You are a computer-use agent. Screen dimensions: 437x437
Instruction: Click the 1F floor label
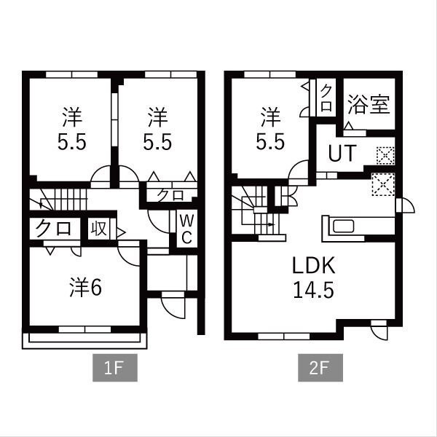click(x=115, y=368)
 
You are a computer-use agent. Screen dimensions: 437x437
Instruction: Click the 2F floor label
click(x=320, y=368)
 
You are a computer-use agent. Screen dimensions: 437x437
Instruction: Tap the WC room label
click(x=186, y=229)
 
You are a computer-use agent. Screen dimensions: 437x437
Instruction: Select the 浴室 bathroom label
click(x=369, y=105)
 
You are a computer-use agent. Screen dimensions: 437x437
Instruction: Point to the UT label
click(x=342, y=153)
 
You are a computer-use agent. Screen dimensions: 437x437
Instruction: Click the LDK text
click(x=313, y=266)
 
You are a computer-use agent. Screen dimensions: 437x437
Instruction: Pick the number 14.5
click(x=313, y=290)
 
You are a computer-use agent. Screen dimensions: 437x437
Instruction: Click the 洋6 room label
click(x=85, y=288)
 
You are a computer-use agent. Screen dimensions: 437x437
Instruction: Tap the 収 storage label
click(x=99, y=229)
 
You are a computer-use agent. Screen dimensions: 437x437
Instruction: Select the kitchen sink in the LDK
click(x=344, y=226)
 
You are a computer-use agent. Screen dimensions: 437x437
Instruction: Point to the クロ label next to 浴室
click(x=326, y=98)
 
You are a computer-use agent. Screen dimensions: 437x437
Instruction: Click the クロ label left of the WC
click(x=170, y=194)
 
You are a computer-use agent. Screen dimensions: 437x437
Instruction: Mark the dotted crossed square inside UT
click(x=385, y=155)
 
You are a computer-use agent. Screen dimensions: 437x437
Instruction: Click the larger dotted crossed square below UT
click(x=383, y=184)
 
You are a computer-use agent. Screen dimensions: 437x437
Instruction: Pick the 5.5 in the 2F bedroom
click(x=270, y=141)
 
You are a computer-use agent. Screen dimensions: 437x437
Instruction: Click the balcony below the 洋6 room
click(x=84, y=341)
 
